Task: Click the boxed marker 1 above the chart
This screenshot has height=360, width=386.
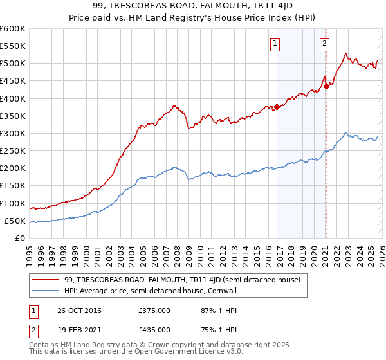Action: [x=275, y=44]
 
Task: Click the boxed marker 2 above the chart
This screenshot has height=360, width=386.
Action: [x=324, y=44]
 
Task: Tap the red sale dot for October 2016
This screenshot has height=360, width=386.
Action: [x=277, y=107]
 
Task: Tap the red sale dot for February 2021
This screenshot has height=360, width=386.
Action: [x=326, y=86]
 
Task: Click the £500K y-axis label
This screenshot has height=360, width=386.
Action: [x=13, y=63]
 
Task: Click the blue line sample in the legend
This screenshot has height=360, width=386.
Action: [x=46, y=290]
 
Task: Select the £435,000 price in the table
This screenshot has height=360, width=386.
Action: [x=154, y=329]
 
